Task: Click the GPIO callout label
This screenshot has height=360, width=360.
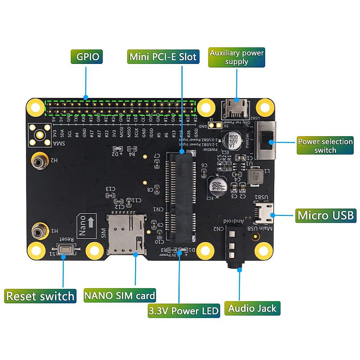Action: [x=87, y=57]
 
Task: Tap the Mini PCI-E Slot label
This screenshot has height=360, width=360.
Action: [x=163, y=57]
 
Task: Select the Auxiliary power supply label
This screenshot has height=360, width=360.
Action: [x=236, y=57]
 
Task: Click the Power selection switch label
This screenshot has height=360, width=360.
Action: [x=325, y=145]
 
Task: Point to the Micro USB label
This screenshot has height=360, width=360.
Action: [x=325, y=215]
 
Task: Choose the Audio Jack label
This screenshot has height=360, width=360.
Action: [x=252, y=308]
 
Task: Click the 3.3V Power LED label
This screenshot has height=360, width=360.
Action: [x=184, y=310]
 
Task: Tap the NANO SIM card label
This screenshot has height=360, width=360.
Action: [x=119, y=295]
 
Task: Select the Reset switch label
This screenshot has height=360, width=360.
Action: [x=40, y=296]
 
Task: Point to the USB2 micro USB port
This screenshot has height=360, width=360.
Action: [x=235, y=109]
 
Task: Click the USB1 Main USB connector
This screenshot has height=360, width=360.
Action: [x=264, y=213]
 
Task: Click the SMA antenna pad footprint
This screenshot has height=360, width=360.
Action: [x=39, y=135]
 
